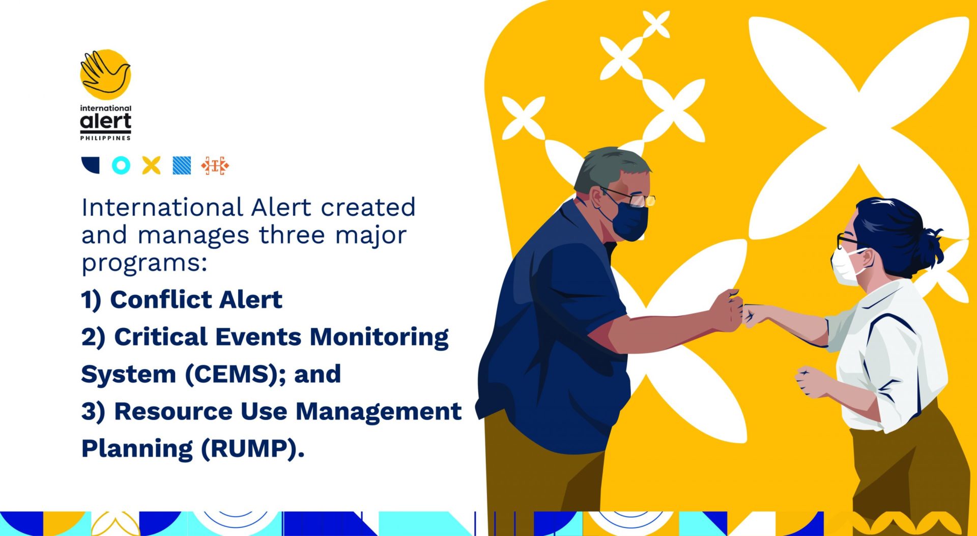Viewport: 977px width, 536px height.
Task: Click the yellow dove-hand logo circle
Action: click(x=106, y=74)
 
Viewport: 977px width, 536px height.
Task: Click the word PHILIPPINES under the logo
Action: click(x=105, y=138)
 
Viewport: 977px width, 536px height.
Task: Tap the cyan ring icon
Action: click(x=121, y=165)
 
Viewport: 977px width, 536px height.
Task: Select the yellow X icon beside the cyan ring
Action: click(x=151, y=165)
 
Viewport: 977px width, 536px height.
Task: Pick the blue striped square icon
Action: click(x=182, y=165)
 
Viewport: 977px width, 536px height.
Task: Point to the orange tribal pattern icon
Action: click(x=215, y=166)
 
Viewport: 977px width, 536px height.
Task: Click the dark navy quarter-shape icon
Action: click(x=91, y=165)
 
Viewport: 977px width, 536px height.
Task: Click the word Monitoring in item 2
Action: click(x=379, y=337)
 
